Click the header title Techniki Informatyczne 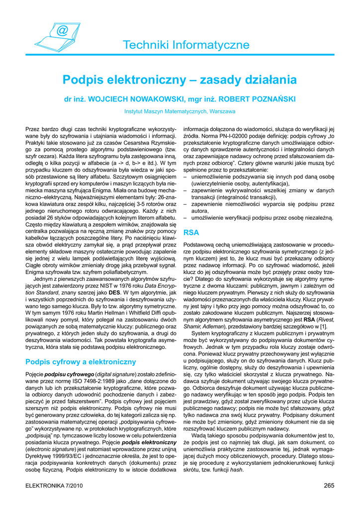click(186, 45)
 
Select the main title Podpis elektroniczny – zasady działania click(180, 80)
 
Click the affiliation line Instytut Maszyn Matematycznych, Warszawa click(180, 111)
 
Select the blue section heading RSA click(191, 232)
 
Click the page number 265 click(328, 486)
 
